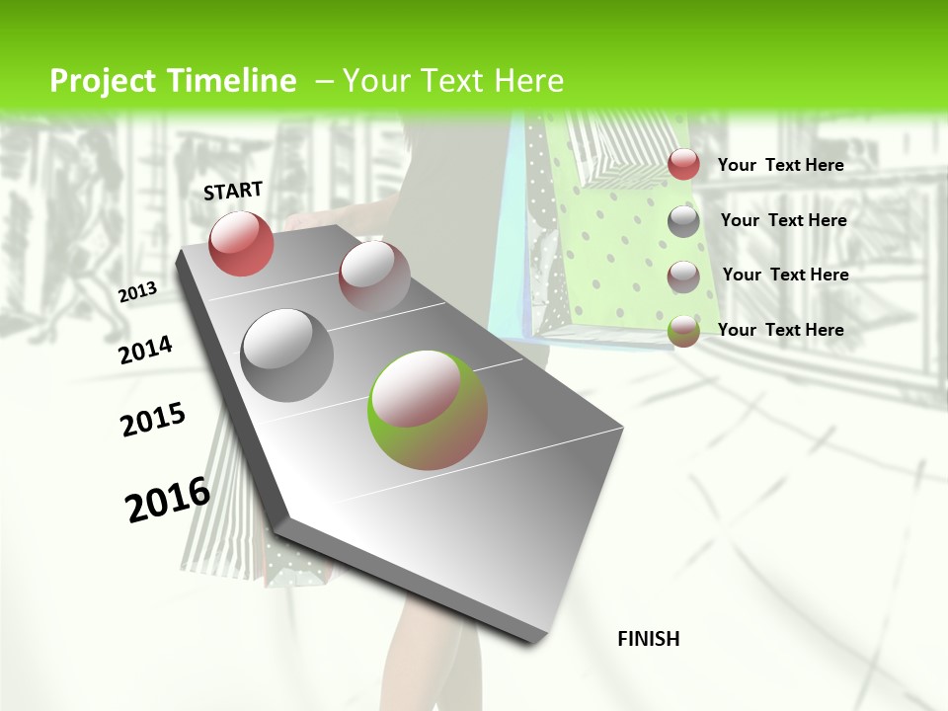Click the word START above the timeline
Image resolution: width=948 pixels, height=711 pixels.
pos(233,191)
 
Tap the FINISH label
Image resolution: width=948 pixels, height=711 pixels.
pos(648,639)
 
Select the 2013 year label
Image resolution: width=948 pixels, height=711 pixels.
pos(137,292)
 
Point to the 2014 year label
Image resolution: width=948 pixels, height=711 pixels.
pos(145,351)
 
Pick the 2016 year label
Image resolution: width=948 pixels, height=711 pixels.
pos(168,500)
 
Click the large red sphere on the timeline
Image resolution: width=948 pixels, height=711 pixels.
pos(241,243)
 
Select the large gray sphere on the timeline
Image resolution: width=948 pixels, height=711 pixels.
pos(287,355)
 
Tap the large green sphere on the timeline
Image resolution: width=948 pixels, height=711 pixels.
pos(428,409)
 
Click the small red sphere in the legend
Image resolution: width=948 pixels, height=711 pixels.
pos(683,164)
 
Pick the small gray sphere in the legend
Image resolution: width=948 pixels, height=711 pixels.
pos(683,221)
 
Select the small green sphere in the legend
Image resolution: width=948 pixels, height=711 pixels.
pos(683,331)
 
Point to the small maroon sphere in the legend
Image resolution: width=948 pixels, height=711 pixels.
pos(683,276)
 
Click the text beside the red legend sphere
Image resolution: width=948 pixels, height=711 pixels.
pos(780,165)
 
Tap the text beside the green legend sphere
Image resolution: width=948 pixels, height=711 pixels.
pos(780,330)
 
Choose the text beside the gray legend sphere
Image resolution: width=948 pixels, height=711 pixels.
pos(783,220)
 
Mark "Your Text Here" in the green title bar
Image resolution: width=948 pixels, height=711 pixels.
pos(452,81)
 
